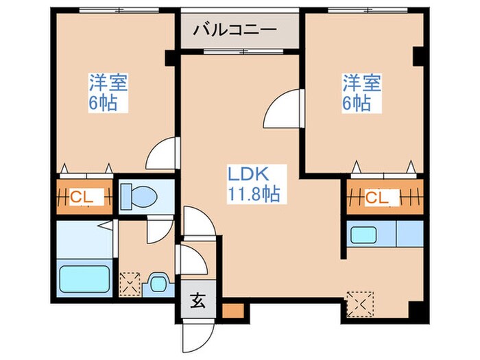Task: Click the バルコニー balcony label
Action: (235, 29)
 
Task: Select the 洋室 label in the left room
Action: (108, 84)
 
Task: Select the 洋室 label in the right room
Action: (362, 84)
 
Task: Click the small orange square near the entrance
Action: (232, 309)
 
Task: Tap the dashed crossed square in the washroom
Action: (130, 283)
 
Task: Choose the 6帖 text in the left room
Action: (102, 104)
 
